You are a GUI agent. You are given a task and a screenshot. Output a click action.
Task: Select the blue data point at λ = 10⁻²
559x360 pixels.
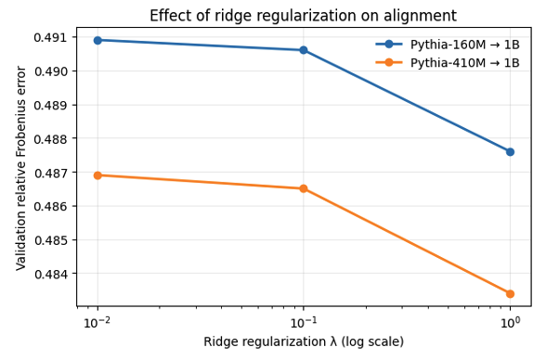click(97, 40)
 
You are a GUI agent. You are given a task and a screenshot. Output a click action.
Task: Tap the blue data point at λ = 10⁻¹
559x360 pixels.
click(304, 50)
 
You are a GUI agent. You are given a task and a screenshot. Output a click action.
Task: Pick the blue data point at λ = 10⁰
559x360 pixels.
click(510, 151)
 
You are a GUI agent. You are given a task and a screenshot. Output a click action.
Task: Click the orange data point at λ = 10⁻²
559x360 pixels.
click(97, 175)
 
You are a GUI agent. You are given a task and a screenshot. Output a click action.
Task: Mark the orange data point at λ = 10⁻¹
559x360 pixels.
click(304, 188)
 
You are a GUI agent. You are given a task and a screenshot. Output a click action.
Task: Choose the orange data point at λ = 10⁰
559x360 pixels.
click(510, 293)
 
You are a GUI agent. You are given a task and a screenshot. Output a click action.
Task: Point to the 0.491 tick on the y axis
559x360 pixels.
click(52, 37)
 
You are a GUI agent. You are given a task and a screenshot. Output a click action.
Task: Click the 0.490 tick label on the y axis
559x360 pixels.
click(52, 71)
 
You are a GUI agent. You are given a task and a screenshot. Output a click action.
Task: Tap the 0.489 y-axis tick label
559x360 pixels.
click(52, 105)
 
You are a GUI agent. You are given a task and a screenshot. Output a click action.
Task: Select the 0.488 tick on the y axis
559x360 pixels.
click(52, 139)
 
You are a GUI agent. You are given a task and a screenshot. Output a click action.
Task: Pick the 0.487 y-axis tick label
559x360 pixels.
click(52, 173)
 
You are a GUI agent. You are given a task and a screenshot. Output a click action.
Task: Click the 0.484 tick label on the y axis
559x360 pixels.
click(52, 274)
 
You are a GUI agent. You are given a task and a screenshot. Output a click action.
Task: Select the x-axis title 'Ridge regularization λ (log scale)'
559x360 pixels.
click(304, 341)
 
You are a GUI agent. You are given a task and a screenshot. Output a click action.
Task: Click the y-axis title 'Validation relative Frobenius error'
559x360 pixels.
click(20, 168)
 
